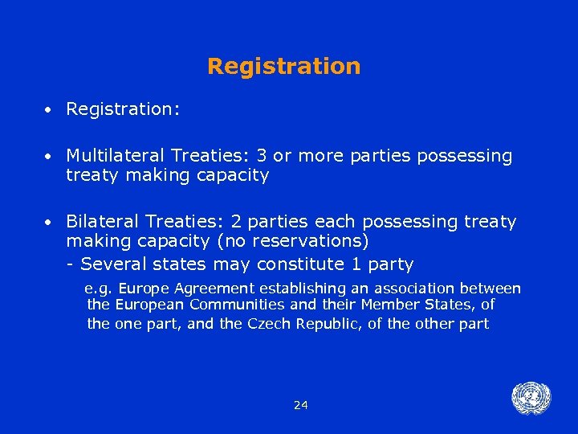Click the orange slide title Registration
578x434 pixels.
pos(284,66)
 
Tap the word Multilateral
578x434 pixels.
pos(112,155)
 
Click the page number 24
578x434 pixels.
pos(300,405)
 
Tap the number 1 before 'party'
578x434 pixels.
pos(356,264)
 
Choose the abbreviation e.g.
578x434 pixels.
pos(99,288)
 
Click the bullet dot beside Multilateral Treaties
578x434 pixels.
pos(49,156)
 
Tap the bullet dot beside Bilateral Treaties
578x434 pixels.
pos(49,222)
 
